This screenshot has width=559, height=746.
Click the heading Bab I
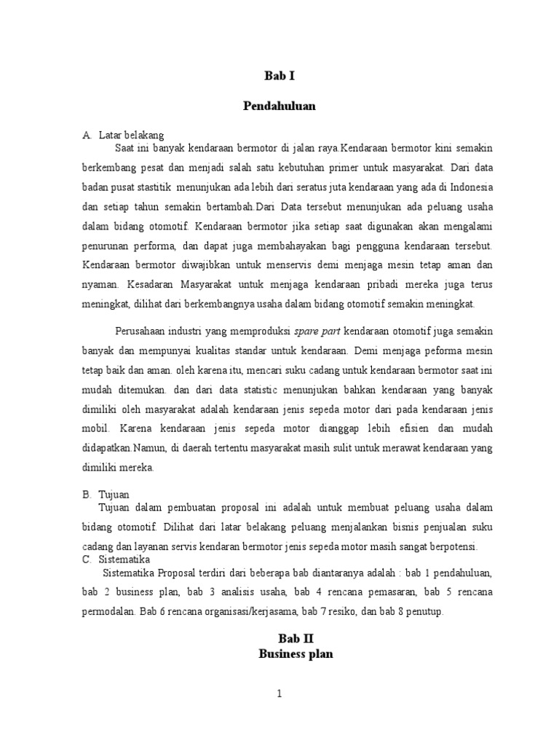click(279, 76)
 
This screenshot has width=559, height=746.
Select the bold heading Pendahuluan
click(279, 106)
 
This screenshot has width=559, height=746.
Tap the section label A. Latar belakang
click(124, 135)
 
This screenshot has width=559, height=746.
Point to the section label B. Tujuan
click(106, 494)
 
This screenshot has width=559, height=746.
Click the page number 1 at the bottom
click(279, 694)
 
